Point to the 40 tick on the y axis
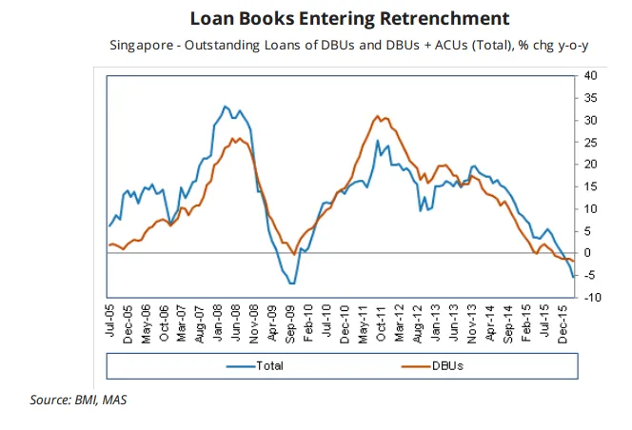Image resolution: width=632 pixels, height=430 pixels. [590, 75]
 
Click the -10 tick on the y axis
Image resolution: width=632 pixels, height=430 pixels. [590, 298]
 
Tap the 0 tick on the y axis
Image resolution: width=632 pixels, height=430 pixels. [587, 253]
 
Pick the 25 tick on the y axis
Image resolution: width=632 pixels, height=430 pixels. [590, 142]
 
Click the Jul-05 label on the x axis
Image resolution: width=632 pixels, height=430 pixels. [110, 323]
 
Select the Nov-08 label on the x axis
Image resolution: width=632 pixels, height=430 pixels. [255, 323]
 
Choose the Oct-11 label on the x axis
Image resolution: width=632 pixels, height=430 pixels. [380, 323]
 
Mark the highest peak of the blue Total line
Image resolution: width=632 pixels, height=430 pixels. [225, 106]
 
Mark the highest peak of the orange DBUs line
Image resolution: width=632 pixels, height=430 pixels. [378, 116]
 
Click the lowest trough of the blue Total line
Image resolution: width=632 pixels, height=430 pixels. [292, 283]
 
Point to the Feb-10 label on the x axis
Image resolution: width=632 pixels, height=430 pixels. [307, 323]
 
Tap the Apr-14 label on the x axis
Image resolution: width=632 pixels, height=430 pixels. [488, 323]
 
